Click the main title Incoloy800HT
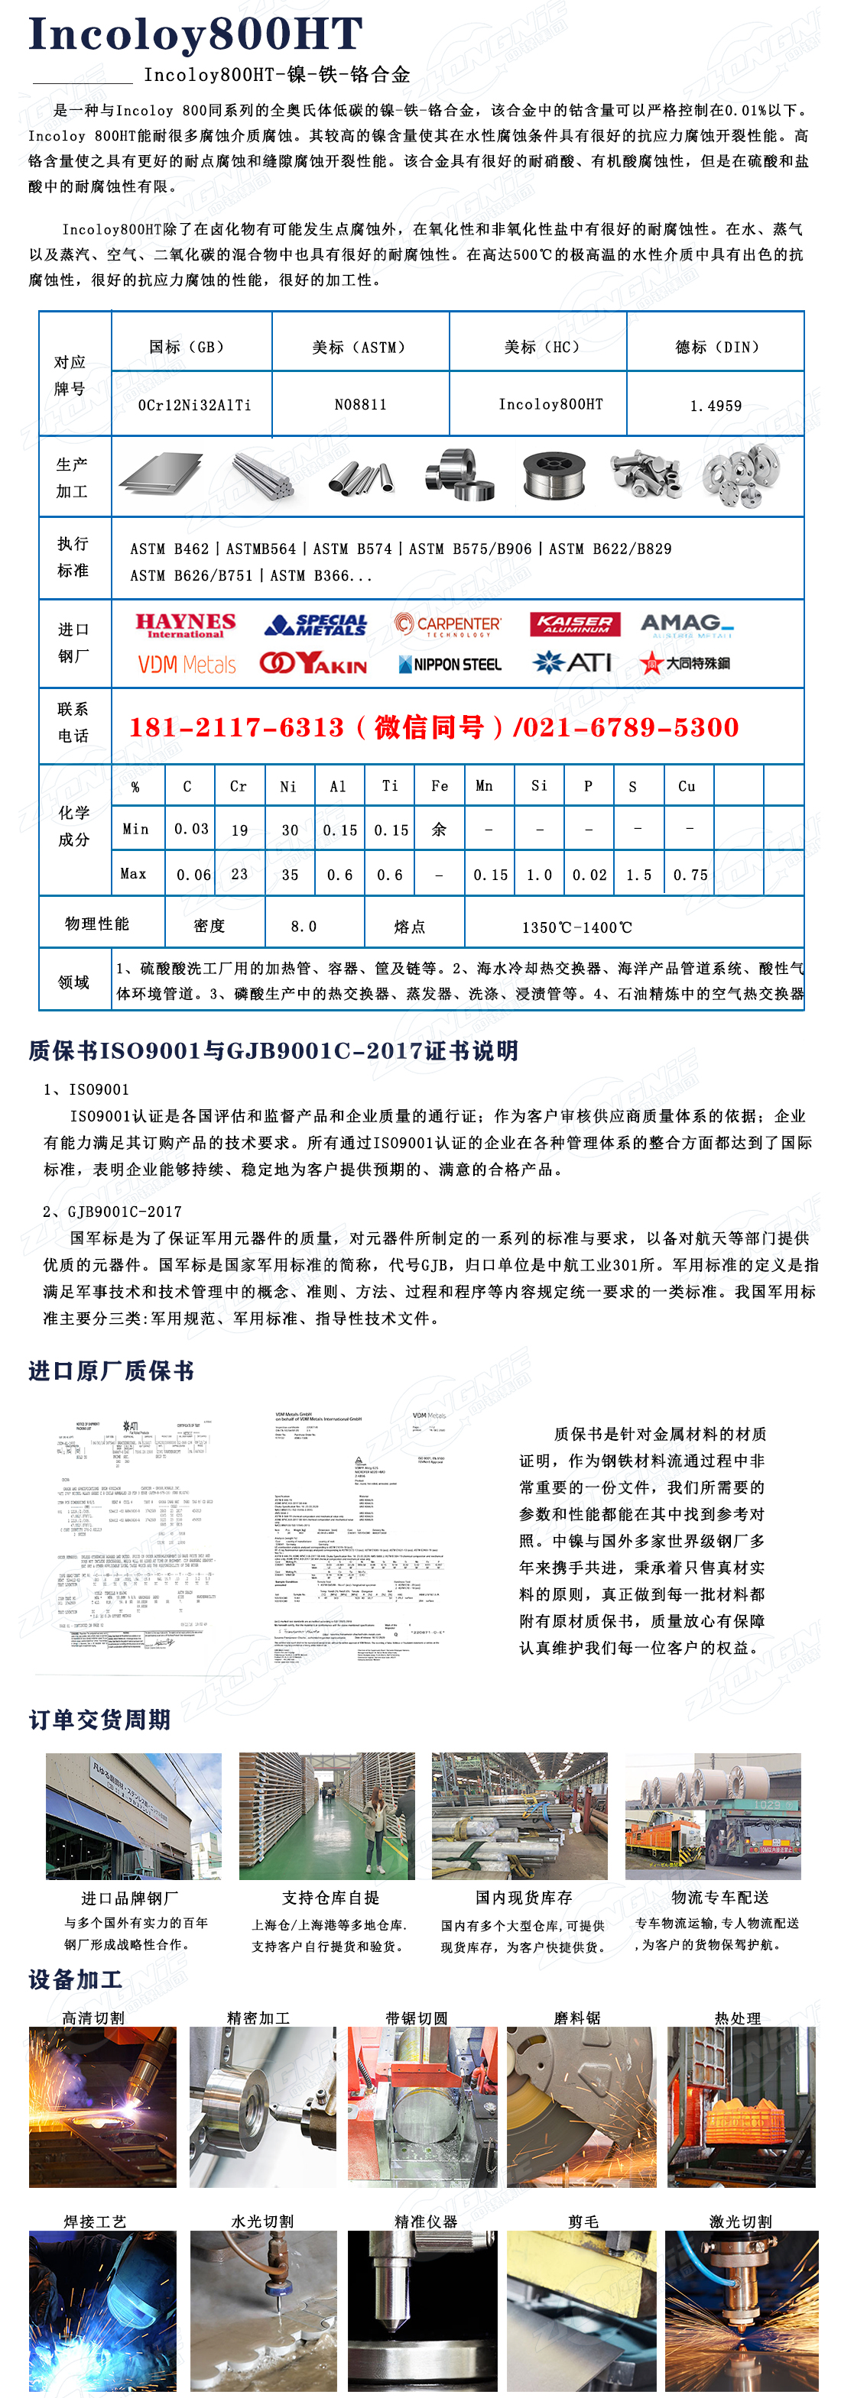[196, 34]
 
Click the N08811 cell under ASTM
[360, 405]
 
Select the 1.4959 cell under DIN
[716, 406]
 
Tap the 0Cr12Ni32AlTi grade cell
[193, 406]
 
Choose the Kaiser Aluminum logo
[576, 623]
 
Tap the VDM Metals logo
[187, 665]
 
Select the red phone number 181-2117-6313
[236, 727]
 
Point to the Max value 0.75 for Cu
[690, 875]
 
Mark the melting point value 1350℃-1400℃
[576, 927]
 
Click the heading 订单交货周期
[99, 1720]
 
